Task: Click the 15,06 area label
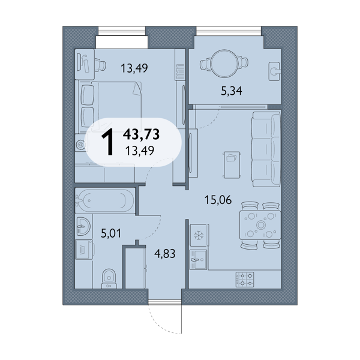click(218, 200)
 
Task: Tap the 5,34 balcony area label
click(232, 91)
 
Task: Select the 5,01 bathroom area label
click(111, 233)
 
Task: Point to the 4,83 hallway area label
click(165, 254)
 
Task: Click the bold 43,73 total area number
click(141, 134)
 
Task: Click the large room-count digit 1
click(107, 142)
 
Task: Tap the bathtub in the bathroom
click(104, 200)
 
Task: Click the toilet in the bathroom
click(109, 279)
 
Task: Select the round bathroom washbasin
click(83, 226)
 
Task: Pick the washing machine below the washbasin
click(84, 250)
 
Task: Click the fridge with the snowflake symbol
click(199, 235)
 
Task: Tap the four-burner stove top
click(245, 280)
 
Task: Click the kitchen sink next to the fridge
click(198, 259)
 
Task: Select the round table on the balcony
click(224, 63)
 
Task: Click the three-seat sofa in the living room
click(266, 149)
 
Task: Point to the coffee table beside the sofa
click(232, 164)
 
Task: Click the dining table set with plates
click(260, 225)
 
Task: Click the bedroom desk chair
click(100, 65)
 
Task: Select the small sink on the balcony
click(274, 71)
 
